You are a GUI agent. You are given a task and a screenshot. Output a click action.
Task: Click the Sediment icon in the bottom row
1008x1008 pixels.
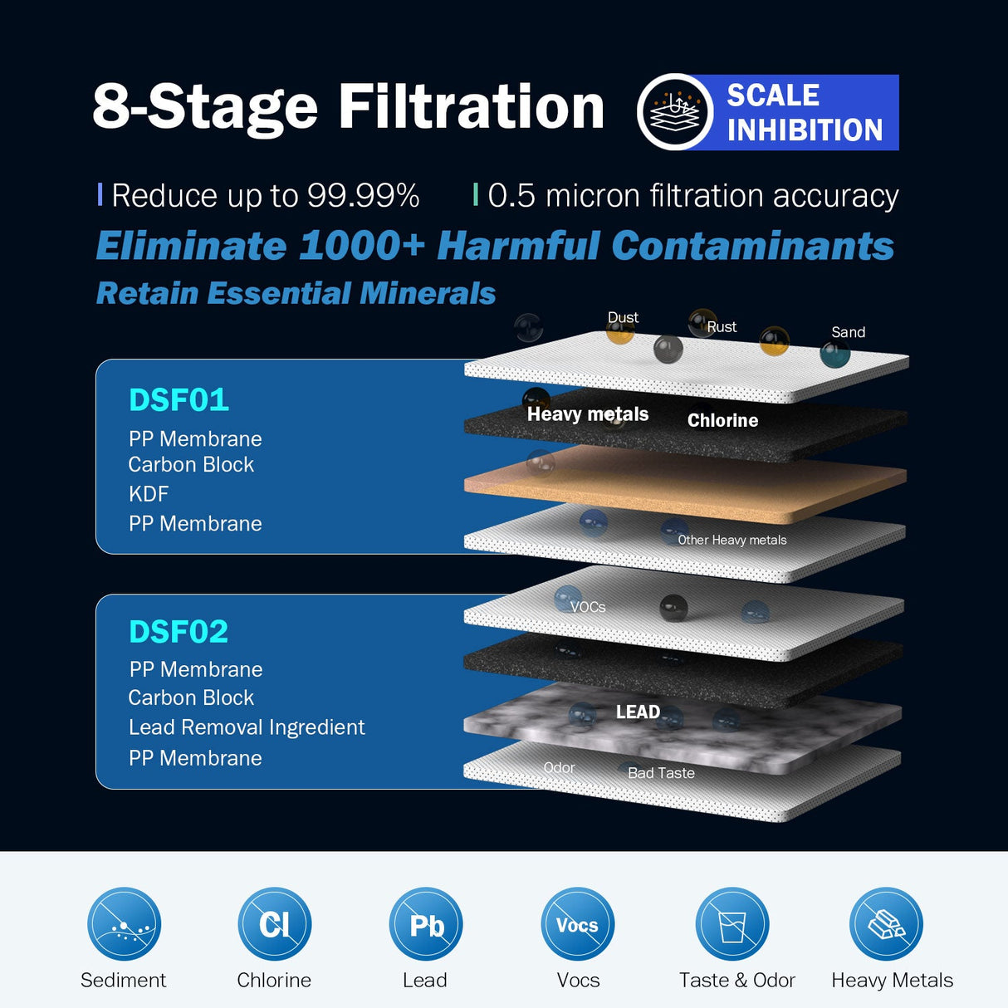click(124, 923)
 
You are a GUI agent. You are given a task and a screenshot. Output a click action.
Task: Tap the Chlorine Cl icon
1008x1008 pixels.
click(274, 923)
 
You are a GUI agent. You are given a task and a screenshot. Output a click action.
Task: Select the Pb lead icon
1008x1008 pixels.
click(425, 923)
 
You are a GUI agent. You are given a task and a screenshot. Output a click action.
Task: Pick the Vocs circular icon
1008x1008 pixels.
click(577, 923)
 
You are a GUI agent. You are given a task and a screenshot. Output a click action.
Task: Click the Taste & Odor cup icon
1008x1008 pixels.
click(732, 923)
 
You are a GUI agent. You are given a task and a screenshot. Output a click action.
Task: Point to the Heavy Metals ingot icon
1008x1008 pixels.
click(885, 923)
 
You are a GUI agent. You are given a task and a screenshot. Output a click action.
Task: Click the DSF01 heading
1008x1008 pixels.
click(179, 400)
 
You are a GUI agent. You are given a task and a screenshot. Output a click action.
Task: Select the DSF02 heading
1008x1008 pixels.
click(179, 632)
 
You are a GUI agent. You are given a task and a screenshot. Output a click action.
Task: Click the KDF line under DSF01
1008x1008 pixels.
click(149, 494)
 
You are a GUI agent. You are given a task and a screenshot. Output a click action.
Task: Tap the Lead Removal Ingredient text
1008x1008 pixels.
click(247, 727)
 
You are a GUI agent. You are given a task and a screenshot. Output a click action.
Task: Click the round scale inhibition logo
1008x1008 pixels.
click(674, 112)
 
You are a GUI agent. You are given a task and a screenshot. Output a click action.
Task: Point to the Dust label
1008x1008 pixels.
click(623, 318)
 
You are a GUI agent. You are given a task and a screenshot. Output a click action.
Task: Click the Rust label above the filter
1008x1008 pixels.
click(722, 327)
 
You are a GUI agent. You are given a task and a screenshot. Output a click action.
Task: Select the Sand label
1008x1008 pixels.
click(848, 332)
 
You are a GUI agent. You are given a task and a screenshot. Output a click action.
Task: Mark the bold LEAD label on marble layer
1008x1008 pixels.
click(638, 712)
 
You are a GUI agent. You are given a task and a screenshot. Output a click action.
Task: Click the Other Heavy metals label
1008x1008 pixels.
click(732, 540)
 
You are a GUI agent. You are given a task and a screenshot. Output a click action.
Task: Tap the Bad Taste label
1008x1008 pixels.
click(661, 773)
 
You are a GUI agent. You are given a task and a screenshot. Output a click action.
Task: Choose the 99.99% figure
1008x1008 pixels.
click(363, 196)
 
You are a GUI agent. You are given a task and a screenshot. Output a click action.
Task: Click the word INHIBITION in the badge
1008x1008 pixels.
click(805, 130)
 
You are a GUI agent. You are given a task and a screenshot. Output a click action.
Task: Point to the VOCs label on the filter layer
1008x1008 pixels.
click(588, 607)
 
